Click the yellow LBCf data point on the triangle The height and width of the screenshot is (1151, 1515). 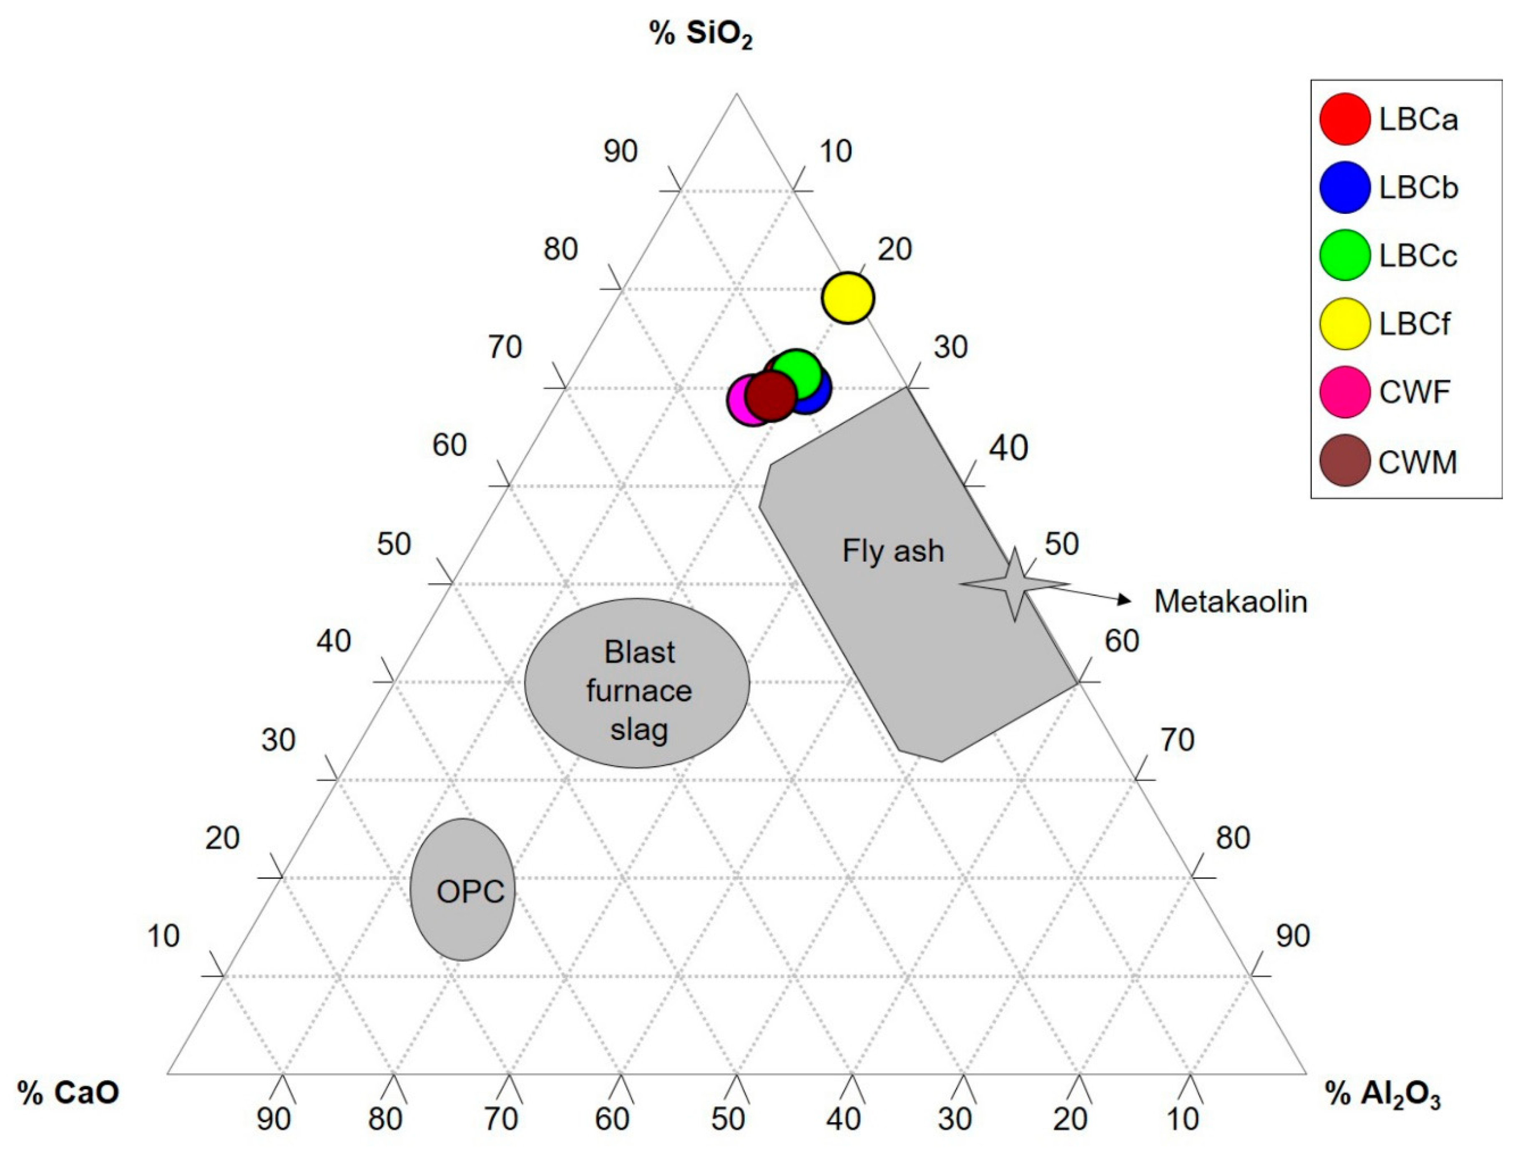[x=848, y=297]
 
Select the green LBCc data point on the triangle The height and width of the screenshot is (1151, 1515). [x=796, y=374]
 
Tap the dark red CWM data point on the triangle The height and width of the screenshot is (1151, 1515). [x=771, y=395]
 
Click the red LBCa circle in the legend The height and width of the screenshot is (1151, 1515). [x=1345, y=119]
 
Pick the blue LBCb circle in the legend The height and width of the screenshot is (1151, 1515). [x=1345, y=187]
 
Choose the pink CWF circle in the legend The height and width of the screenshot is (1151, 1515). [x=1345, y=392]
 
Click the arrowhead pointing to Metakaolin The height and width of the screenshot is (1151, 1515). [x=1124, y=600]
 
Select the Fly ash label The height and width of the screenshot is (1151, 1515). [x=893, y=551]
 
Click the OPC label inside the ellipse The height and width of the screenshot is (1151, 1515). [x=470, y=891]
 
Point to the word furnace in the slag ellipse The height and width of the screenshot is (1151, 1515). [x=638, y=691]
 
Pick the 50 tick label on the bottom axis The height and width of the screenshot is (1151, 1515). [x=728, y=1119]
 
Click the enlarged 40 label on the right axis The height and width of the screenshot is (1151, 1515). [x=1008, y=448]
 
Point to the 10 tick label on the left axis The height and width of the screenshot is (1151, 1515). [x=163, y=936]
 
